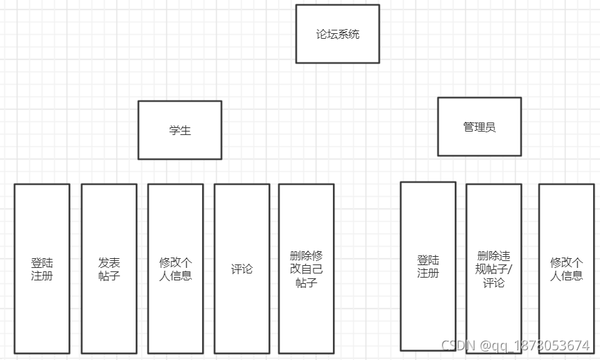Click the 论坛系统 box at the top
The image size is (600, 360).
point(338,34)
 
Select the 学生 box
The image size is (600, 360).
point(180,130)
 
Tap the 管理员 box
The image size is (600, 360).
point(479,127)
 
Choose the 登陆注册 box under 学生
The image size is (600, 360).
point(42,269)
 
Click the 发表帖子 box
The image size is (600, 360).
point(109,269)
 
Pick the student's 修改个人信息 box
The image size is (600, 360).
point(176,269)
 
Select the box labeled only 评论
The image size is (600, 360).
point(242,269)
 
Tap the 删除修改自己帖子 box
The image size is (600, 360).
point(306,269)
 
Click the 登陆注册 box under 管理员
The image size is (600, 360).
point(428,267)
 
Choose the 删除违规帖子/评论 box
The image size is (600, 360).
point(493,269)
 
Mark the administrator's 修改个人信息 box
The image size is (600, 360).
point(566,269)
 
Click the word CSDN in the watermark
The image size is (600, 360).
point(456,345)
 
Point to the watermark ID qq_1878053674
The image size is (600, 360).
point(540,345)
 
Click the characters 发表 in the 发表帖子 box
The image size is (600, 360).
point(109,262)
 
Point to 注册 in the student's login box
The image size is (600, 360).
point(42,276)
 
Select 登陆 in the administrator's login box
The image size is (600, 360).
point(428,260)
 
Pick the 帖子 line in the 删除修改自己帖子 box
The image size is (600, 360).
point(306,282)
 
